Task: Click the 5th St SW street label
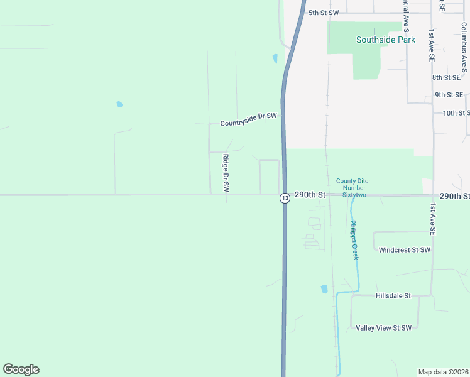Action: [323, 13]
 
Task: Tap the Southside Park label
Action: [386, 40]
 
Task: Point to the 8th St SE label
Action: [446, 77]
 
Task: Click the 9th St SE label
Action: [449, 95]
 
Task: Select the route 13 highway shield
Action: [285, 198]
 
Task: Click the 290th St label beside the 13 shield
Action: [310, 195]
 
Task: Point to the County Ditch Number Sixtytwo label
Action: [354, 188]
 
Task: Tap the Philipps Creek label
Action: [354, 240]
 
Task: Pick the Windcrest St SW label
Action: [404, 249]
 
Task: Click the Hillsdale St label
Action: [393, 295]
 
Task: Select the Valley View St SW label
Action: [383, 328]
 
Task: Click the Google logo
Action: [21, 369]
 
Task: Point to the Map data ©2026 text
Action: [444, 372]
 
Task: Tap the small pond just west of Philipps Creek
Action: [324, 289]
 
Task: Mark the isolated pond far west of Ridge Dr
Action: [119, 104]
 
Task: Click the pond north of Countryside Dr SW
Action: [275, 59]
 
